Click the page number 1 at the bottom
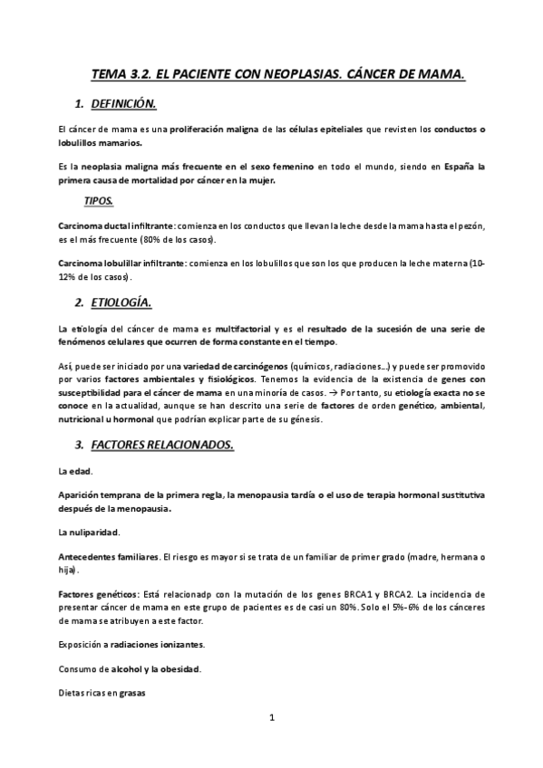[272, 718]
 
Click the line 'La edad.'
[75, 472]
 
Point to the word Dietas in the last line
[72, 694]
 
